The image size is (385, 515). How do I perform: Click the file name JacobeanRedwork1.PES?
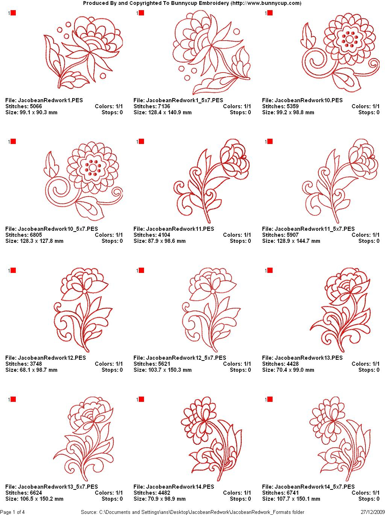coord(50,100)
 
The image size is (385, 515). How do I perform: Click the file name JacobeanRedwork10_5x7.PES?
coord(58,229)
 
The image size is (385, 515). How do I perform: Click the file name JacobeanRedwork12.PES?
coord(52,358)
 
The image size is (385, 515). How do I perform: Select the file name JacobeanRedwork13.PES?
coord(309,358)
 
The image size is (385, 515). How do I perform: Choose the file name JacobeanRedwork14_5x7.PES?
coord(315,486)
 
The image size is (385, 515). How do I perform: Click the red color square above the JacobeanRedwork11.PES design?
coord(141,141)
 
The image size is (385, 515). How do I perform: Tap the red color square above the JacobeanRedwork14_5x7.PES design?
coord(270,399)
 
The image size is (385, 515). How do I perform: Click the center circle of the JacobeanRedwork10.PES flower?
coord(350,39)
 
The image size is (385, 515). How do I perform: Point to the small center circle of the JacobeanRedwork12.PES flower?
coord(85,291)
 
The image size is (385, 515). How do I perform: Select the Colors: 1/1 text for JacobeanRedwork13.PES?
coord(365,364)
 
